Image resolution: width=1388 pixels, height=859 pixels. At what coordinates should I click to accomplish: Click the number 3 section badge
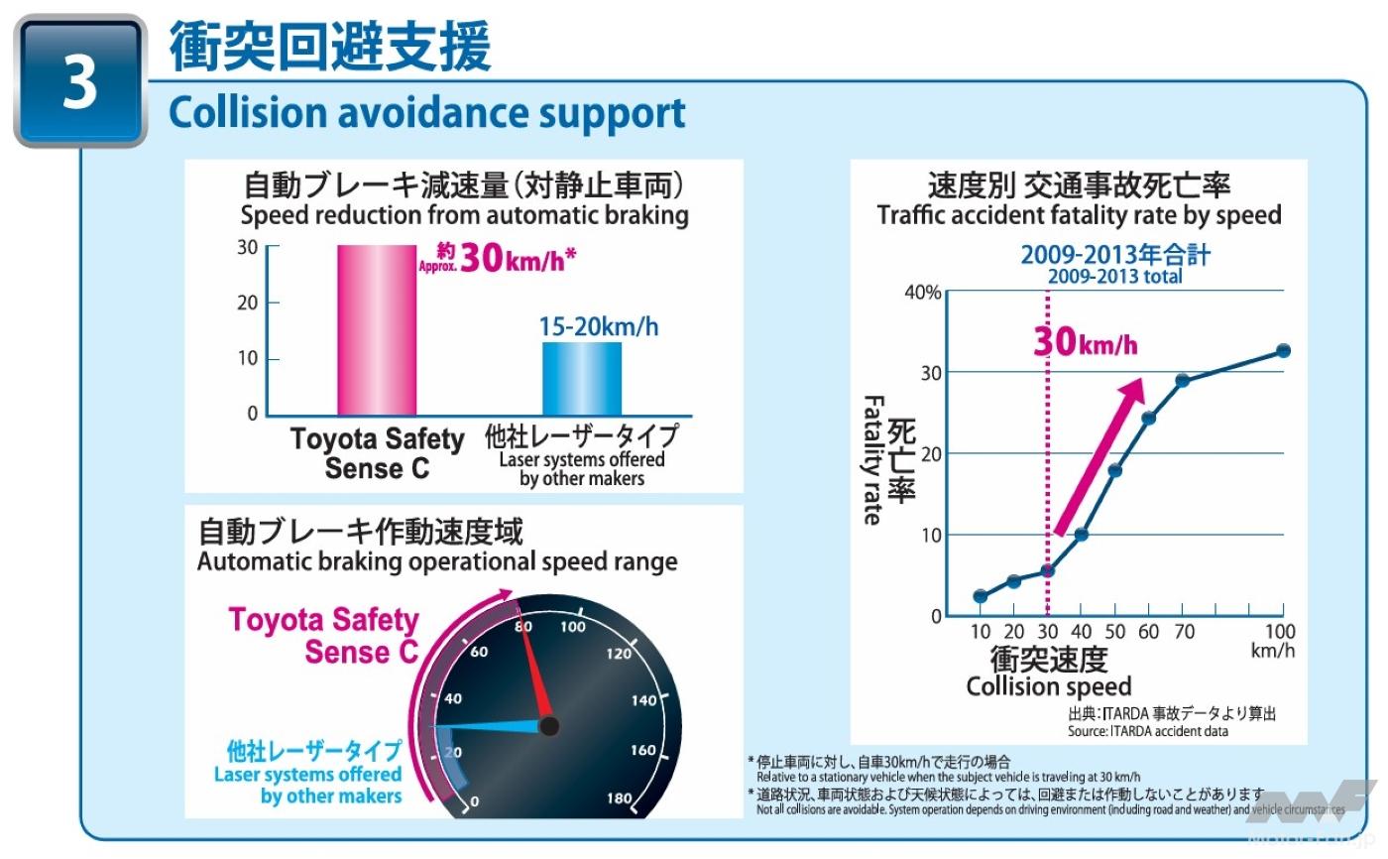(79, 81)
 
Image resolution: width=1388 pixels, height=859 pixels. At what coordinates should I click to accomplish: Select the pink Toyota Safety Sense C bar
(377, 329)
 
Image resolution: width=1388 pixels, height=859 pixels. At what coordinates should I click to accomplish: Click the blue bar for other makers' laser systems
(582, 378)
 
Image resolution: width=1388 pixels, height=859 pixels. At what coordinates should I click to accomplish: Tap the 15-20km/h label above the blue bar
(599, 326)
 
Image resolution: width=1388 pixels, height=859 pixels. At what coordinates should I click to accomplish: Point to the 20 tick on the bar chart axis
(245, 303)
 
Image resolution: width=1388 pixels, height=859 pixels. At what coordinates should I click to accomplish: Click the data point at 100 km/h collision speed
(1283, 350)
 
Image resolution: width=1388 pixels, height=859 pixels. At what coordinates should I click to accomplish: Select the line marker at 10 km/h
(981, 596)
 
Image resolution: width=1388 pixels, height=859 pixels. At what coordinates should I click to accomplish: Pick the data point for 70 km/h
(1182, 380)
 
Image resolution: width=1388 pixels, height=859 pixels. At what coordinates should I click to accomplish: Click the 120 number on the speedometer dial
(618, 653)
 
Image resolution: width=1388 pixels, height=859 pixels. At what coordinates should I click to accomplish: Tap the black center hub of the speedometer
(548, 726)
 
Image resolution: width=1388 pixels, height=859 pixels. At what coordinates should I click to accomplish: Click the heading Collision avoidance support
(427, 112)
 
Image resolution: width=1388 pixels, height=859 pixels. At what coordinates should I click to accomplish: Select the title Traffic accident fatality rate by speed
(1079, 214)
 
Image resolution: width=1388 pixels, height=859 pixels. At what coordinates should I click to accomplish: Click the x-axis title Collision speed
(1048, 686)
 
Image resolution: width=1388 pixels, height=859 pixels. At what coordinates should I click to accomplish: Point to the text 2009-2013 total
(1115, 277)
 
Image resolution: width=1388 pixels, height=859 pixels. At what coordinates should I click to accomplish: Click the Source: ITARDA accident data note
(1147, 731)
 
